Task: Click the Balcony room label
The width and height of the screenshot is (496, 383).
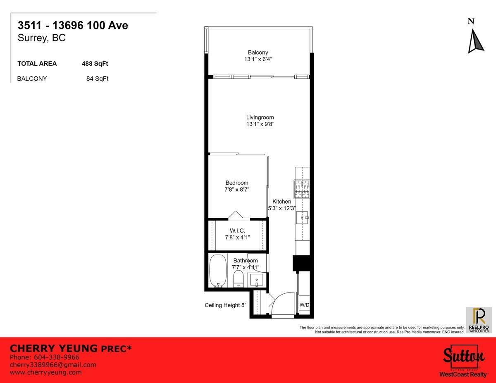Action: tap(258, 52)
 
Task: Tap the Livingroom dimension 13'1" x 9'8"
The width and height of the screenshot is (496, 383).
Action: tap(260, 124)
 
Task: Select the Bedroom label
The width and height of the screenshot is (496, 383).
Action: tap(237, 183)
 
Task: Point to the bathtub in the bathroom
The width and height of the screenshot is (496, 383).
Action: tap(217, 271)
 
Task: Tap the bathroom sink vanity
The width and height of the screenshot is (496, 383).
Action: tap(257, 281)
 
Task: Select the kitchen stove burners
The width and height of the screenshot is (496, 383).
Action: tap(302, 189)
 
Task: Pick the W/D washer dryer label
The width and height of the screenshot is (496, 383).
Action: tap(304, 305)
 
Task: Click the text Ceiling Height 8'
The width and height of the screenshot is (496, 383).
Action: tap(225, 305)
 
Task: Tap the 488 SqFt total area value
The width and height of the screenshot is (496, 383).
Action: tap(95, 64)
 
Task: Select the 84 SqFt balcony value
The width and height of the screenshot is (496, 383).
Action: tap(98, 79)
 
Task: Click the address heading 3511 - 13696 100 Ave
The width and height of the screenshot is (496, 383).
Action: tap(73, 26)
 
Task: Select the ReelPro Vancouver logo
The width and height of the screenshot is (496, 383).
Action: tap(479, 320)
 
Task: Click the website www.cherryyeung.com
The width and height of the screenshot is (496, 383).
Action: tap(45, 372)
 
